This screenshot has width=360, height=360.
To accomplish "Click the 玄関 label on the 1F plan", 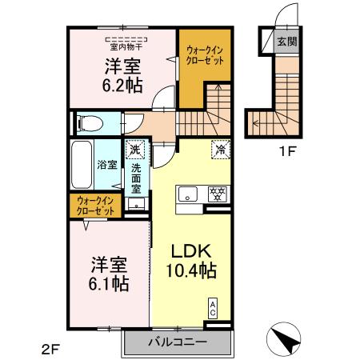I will tap(286, 42).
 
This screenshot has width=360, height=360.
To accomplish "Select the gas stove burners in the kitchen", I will tap(218, 193).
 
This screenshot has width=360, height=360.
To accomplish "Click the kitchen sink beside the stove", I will tap(186, 193).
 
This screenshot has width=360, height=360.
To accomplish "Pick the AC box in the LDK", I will tap(212, 307).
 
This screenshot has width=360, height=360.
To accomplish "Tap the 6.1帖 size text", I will tap(109, 283).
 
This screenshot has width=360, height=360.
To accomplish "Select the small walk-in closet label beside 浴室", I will tap(95, 205).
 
